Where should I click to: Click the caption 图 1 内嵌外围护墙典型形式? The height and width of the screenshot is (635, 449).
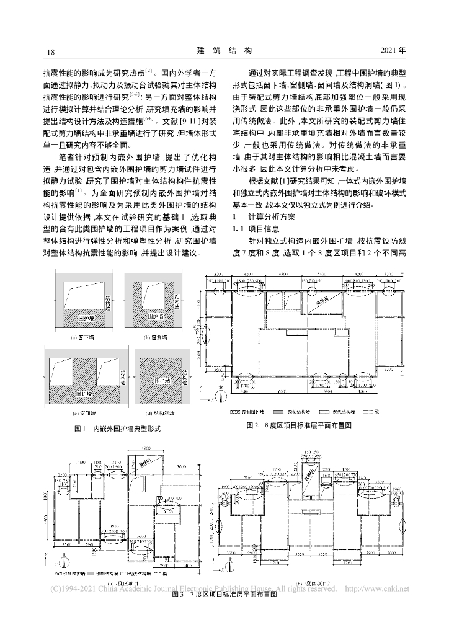click(118, 429)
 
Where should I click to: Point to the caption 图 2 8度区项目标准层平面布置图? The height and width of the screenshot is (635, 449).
click(298, 425)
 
